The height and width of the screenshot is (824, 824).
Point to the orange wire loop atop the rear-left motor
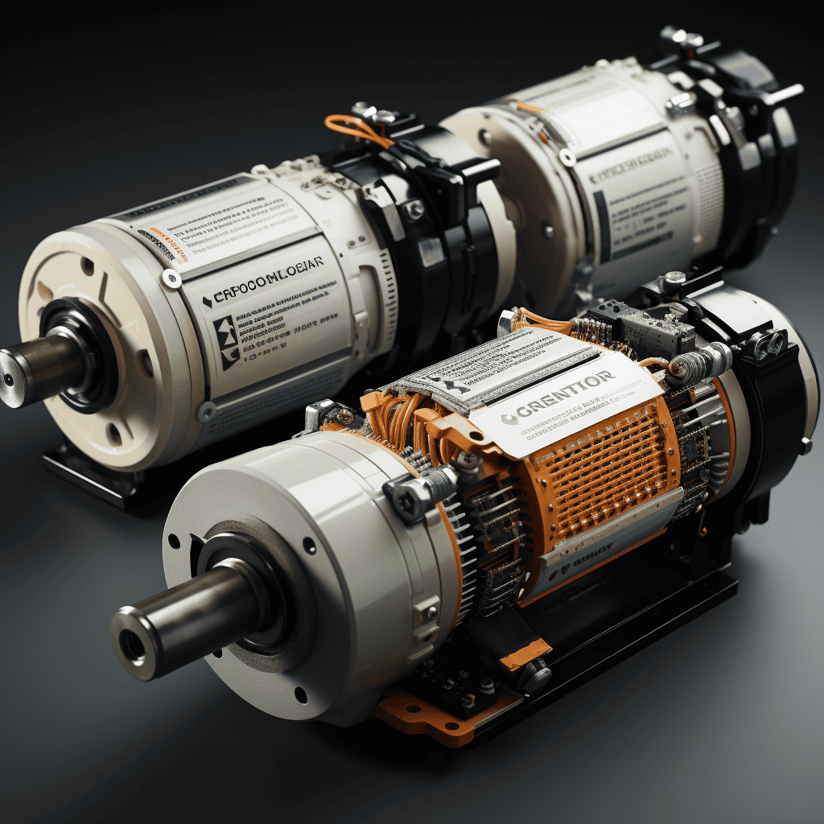(x=354, y=129)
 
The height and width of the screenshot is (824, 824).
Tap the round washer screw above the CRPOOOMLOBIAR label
(x=171, y=278)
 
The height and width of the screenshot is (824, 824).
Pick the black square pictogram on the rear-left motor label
(x=225, y=331)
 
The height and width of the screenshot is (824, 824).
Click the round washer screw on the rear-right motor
(x=568, y=156)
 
